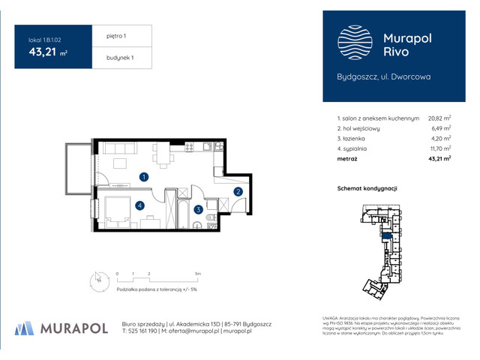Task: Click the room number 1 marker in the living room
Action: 143,177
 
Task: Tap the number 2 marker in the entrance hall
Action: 238,192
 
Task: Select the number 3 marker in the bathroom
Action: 197,211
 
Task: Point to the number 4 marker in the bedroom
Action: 139,205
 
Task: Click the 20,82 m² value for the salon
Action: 439,118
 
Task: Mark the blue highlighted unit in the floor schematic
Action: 387,236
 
